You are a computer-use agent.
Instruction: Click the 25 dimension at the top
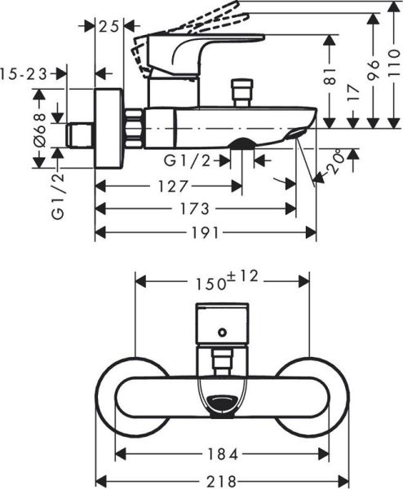[x=108, y=26]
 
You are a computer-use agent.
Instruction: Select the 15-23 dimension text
[x=27, y=73]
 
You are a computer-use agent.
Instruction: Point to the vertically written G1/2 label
[x=58, y=197]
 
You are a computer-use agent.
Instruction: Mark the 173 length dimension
[x=195, y=209]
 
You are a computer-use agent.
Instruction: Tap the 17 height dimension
[x=352, y=93]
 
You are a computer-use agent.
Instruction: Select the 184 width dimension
[x=221, y=452]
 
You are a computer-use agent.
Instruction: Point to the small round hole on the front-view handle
[x=223, y=333]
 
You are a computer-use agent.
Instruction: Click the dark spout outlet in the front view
[x=223, y=402]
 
